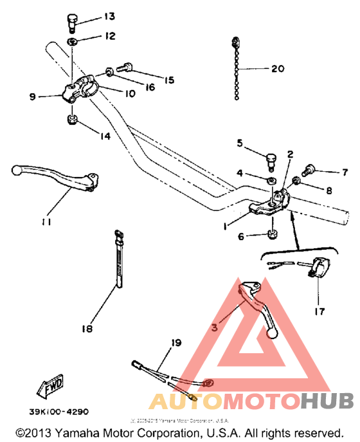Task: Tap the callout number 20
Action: tap(277, 68)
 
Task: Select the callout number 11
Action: tap(45, 222)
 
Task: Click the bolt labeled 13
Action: tap(72, 21)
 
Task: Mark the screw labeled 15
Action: tap(125, 66)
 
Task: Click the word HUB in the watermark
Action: tap(327, 401)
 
